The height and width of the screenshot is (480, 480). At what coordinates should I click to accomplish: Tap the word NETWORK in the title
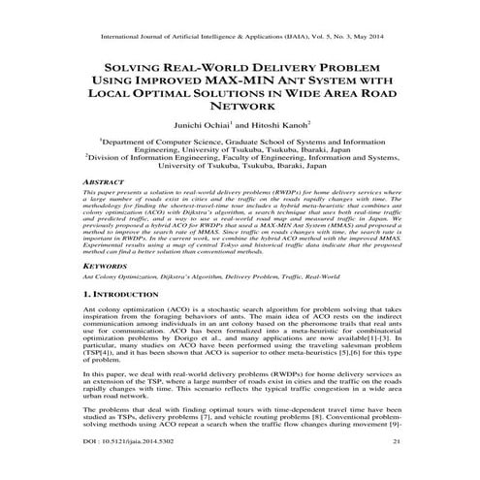pos(240,108)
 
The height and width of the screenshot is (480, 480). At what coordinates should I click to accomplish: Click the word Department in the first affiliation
pos(127,142)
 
